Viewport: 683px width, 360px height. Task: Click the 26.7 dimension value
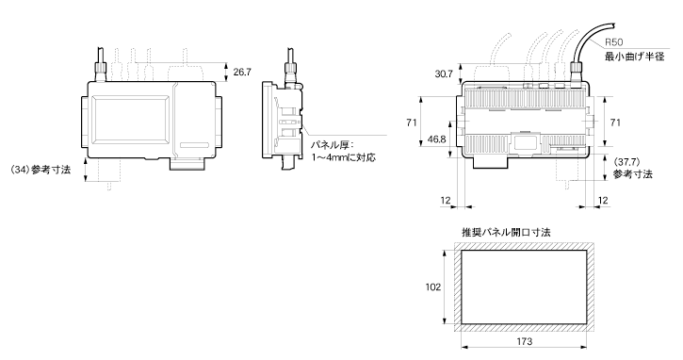click(242, 72)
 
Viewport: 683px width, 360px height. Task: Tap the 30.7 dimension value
click(444, 74)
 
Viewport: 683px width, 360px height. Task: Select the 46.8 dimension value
click(436, 139)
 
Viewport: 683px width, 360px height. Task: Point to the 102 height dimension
click(433, 287)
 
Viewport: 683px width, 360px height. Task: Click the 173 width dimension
click(524, 342)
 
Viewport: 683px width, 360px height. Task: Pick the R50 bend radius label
click(613, 42)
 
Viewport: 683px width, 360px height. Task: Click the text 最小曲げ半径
click(635, 57)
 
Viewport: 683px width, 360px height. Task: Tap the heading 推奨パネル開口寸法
click(506, 232)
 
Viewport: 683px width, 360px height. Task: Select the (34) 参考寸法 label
click(40, 170)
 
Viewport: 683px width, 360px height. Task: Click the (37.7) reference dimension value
click(626, 162)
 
